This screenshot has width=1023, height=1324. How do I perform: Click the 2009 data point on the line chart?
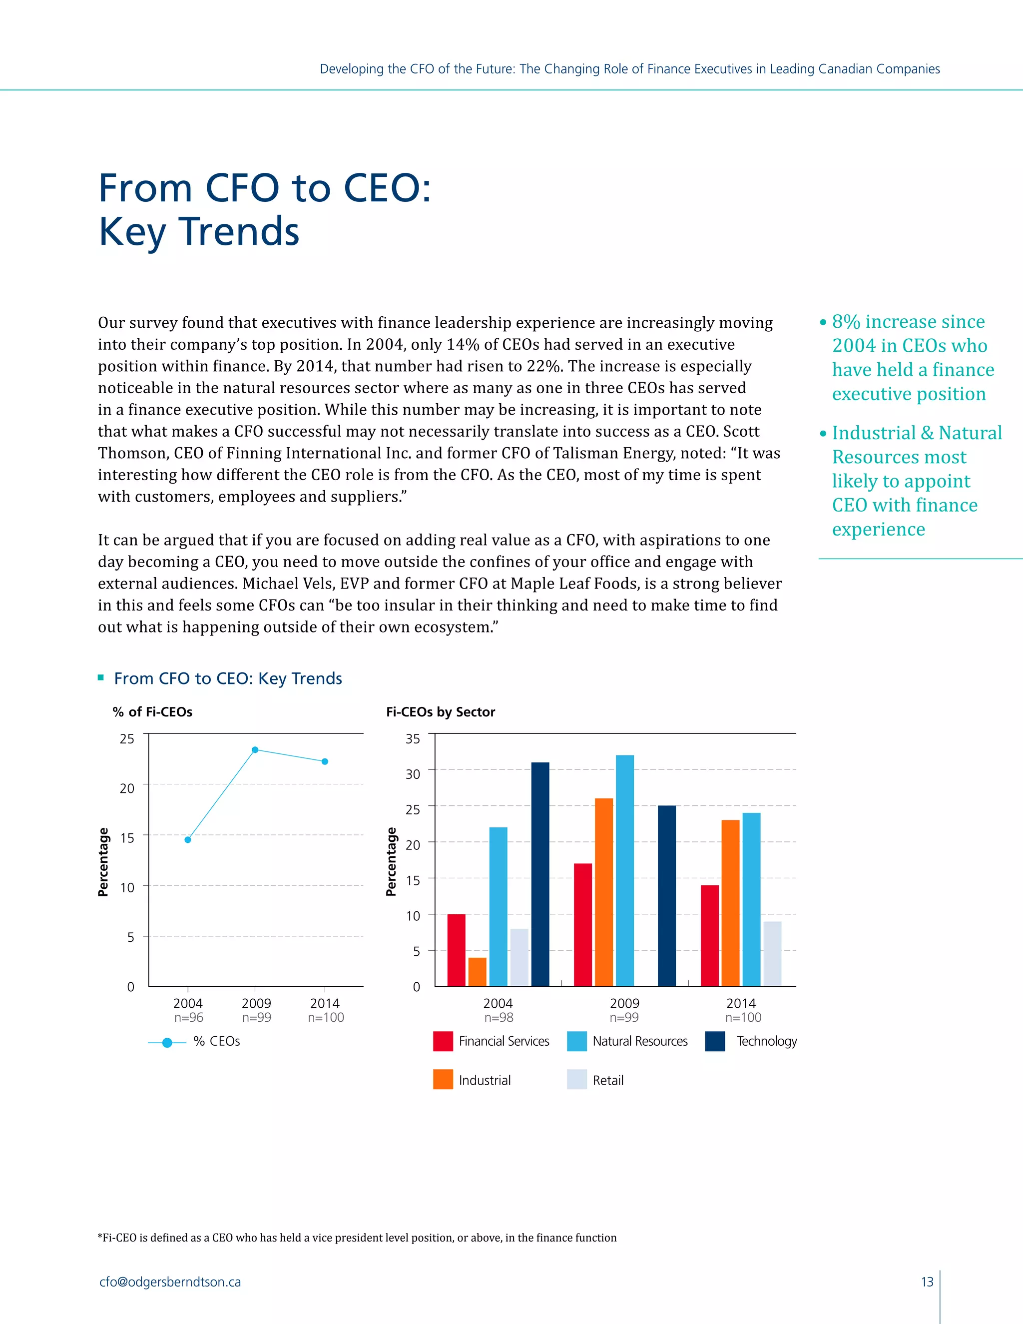255,750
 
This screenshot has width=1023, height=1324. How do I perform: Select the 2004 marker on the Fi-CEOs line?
188,840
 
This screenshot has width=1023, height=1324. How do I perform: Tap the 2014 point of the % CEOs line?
325,761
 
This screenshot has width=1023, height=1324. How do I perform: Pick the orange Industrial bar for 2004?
478,972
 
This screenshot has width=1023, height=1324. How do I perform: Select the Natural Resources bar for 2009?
625,870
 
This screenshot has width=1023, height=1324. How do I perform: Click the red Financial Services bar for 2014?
710,935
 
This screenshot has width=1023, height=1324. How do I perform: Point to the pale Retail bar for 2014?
772,954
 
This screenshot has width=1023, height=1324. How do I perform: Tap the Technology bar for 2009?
667,895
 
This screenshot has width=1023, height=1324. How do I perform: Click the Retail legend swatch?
577,1080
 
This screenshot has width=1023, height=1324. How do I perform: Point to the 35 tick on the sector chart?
413,739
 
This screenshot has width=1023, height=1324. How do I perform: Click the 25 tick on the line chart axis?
127,739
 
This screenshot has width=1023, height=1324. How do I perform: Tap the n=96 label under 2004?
188,1018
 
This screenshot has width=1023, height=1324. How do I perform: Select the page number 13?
927,1282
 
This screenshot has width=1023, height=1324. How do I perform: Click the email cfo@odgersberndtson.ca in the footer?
170,1282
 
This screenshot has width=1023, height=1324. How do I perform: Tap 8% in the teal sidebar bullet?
846,322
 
